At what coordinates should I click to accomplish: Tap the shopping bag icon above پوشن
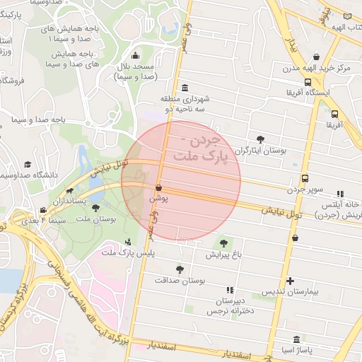158,188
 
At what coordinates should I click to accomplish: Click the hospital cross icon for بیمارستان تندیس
290,281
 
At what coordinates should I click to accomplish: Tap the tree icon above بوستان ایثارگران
260,139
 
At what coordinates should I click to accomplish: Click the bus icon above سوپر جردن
305,179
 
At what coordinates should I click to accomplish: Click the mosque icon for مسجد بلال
136,56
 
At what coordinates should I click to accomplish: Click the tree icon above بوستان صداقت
180,269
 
